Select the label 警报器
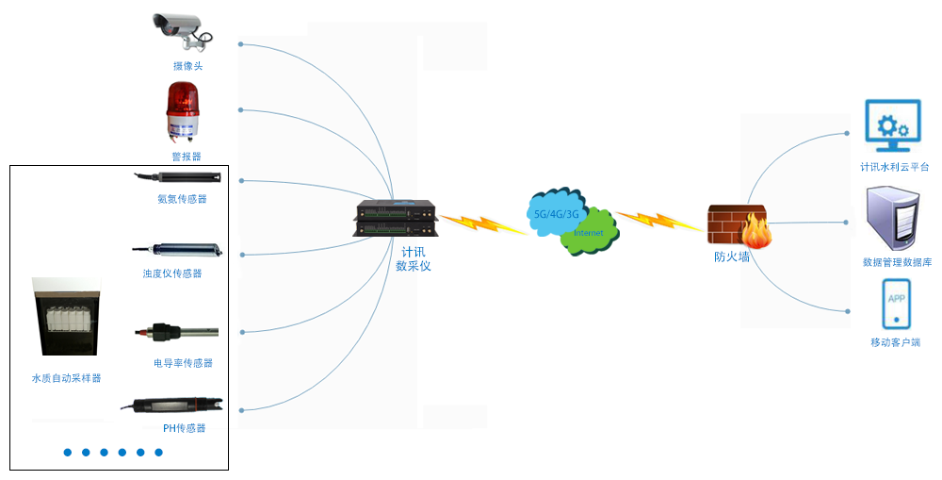186,157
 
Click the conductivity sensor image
176,332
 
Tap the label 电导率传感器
183,363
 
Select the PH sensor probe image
174,406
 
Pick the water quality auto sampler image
65,317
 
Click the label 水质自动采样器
66,378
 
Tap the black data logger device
395,219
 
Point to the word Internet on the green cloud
588,233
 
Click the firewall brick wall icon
739,225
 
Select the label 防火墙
732,256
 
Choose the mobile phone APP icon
896,303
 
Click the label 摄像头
187,66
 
